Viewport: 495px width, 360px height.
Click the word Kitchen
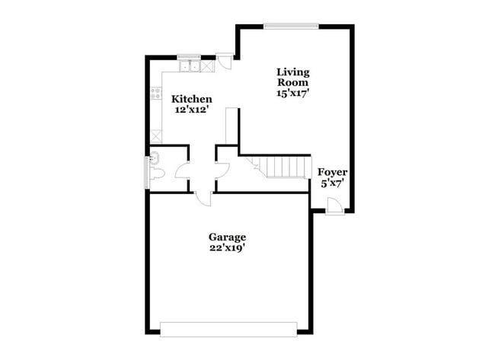(191, 99)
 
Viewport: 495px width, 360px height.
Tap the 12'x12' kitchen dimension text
(191, 110)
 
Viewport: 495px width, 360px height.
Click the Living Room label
(292, 77)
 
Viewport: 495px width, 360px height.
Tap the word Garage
(227, 237)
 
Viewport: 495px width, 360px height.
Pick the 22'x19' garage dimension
(227, 247)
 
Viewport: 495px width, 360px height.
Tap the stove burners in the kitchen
(156, 94)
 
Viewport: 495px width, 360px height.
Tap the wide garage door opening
(228, 329)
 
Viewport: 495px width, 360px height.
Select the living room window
(291, 27)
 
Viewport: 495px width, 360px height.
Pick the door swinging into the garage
(203, 198)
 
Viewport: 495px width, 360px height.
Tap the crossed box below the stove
(156, 135)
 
